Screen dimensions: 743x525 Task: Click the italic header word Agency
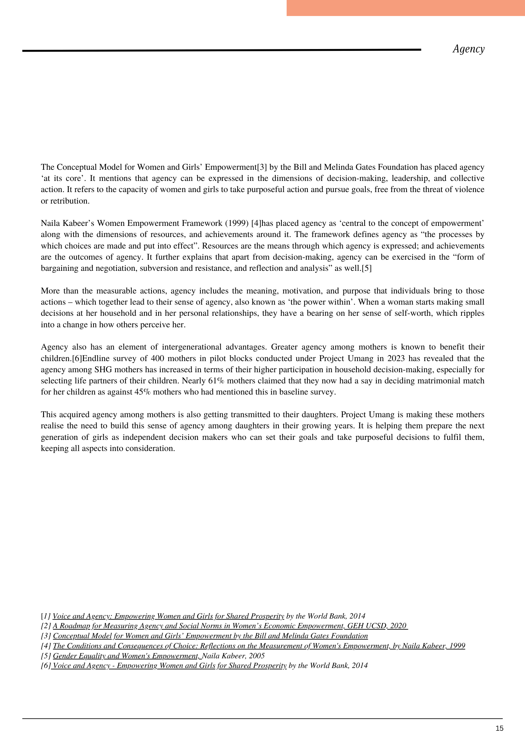tap(468, 49)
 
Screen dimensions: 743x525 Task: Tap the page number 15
tap(499, 728)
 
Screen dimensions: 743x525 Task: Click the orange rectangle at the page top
tap(405, 8)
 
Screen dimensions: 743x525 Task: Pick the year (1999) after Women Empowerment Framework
tap(237, 223)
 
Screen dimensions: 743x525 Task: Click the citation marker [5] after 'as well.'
tap(366, 268)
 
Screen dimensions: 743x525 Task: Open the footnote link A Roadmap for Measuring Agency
tap(230, 626)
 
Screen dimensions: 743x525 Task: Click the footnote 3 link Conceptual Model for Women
tap(210, 636)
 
